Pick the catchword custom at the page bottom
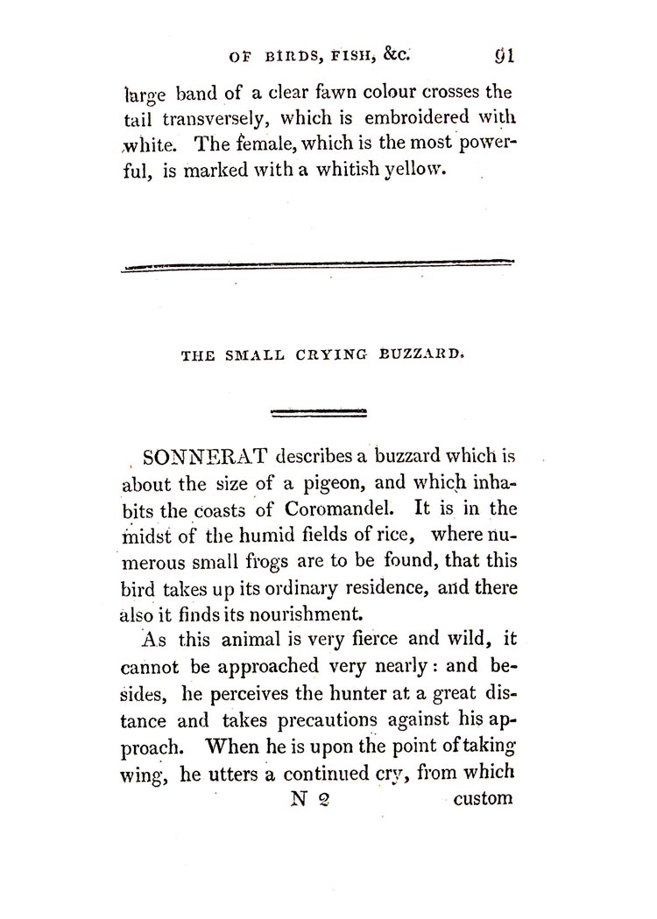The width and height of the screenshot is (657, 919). (x=483, y=799)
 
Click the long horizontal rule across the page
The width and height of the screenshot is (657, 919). (x=316, y=264)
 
